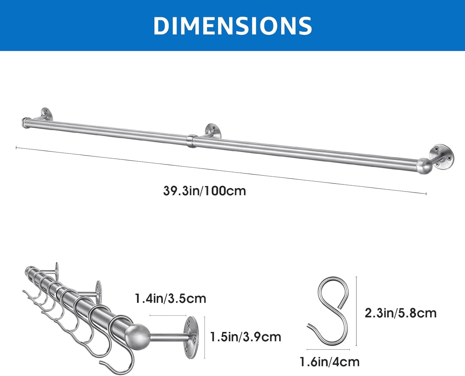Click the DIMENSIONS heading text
(x=233, y=25)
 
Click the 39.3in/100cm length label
(x=205, y=191)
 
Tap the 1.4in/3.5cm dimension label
(x=171, y=298)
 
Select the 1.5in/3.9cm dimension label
(x=246, y=337)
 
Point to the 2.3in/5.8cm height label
(x=401, y=313)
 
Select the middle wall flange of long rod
(x=213, y=131)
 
